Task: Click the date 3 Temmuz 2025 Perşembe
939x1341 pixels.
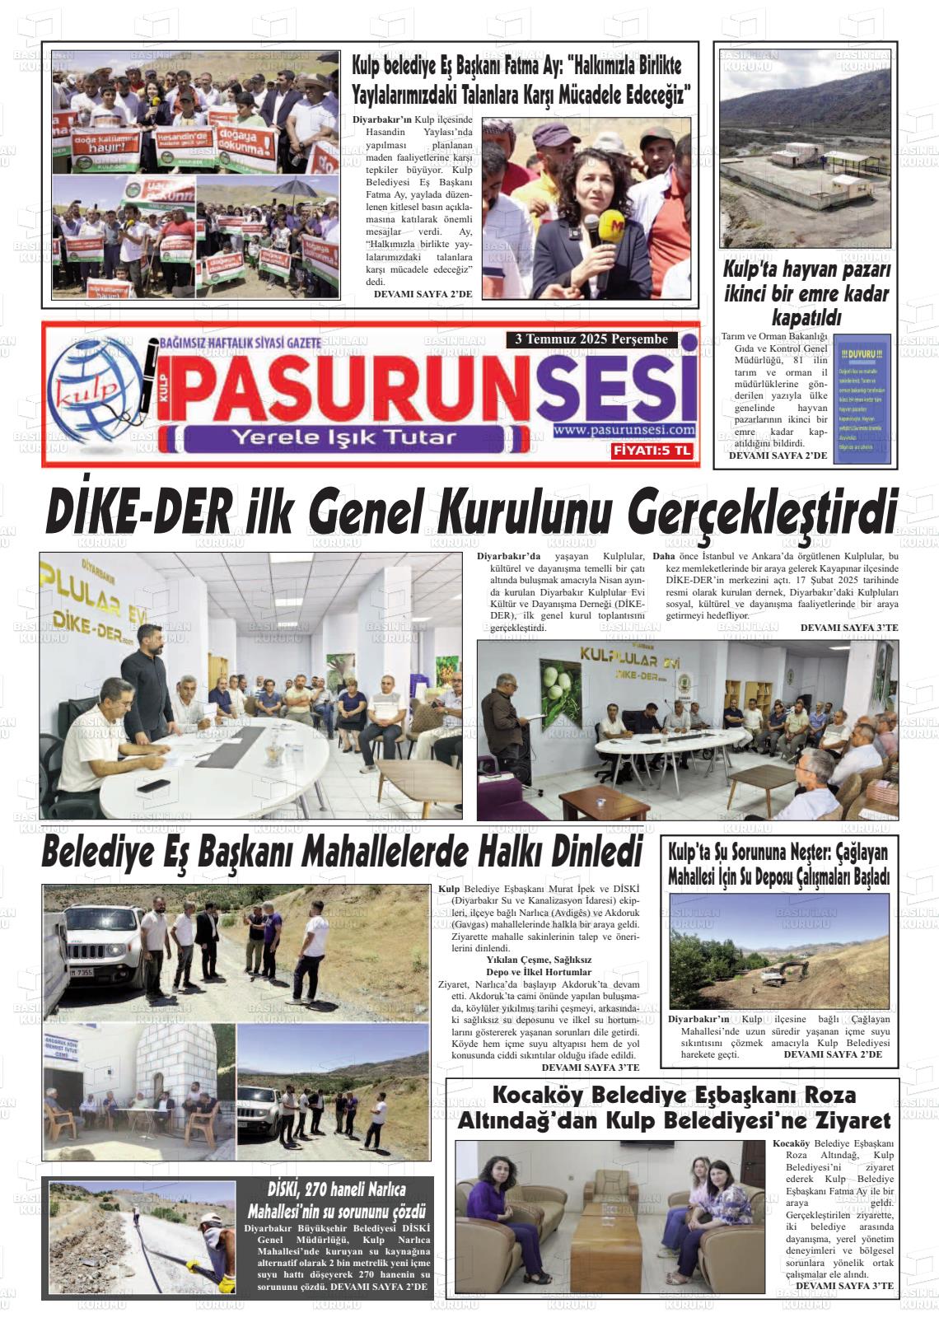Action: point(591,339)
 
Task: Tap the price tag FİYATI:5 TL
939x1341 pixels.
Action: point(652,451)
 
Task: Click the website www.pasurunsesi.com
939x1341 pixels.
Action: point(624,430)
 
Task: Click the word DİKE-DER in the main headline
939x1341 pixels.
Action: point(138,512)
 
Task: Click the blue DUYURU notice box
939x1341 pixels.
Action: point(862,399)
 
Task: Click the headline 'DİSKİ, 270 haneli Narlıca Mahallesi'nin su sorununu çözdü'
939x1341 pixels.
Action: point(335,1201)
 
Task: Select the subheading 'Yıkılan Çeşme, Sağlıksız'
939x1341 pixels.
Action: point(539,960)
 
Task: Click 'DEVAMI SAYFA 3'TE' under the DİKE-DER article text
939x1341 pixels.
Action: point(848,628)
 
